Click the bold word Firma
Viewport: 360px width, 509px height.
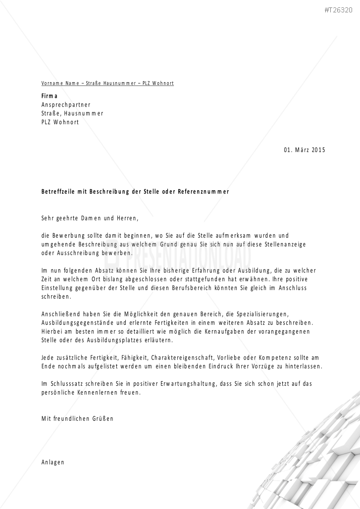[x=50, y=96]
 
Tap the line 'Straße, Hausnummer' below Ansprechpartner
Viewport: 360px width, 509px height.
[x=72, y=113]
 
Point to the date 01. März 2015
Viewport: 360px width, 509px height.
[x=305, y=150]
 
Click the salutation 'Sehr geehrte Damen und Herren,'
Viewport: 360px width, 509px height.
[x=90, y=217]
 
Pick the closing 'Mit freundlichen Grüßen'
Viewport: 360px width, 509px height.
[x=77, y=419]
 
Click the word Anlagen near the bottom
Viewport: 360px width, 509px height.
[x=53, y=462]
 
